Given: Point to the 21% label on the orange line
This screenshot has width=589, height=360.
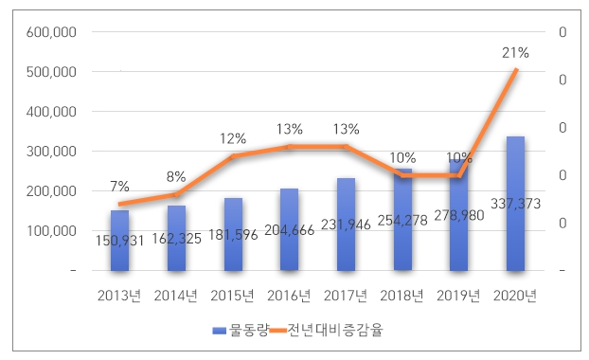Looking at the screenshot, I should (x=515, y=53).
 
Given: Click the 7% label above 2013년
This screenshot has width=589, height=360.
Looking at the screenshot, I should (x=119, y=186).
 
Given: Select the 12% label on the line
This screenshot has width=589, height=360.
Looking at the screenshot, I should (x=233, y=138).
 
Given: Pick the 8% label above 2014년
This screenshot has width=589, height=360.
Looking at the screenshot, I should (x=176, y=176).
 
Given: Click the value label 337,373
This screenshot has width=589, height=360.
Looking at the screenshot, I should (x=515, y=202).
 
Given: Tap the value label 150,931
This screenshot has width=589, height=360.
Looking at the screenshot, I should (x=119, y=241).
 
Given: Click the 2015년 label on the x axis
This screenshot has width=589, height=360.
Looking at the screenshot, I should (x=233, y=296).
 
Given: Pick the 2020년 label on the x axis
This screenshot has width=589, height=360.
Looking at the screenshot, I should (x=515, y=296).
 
